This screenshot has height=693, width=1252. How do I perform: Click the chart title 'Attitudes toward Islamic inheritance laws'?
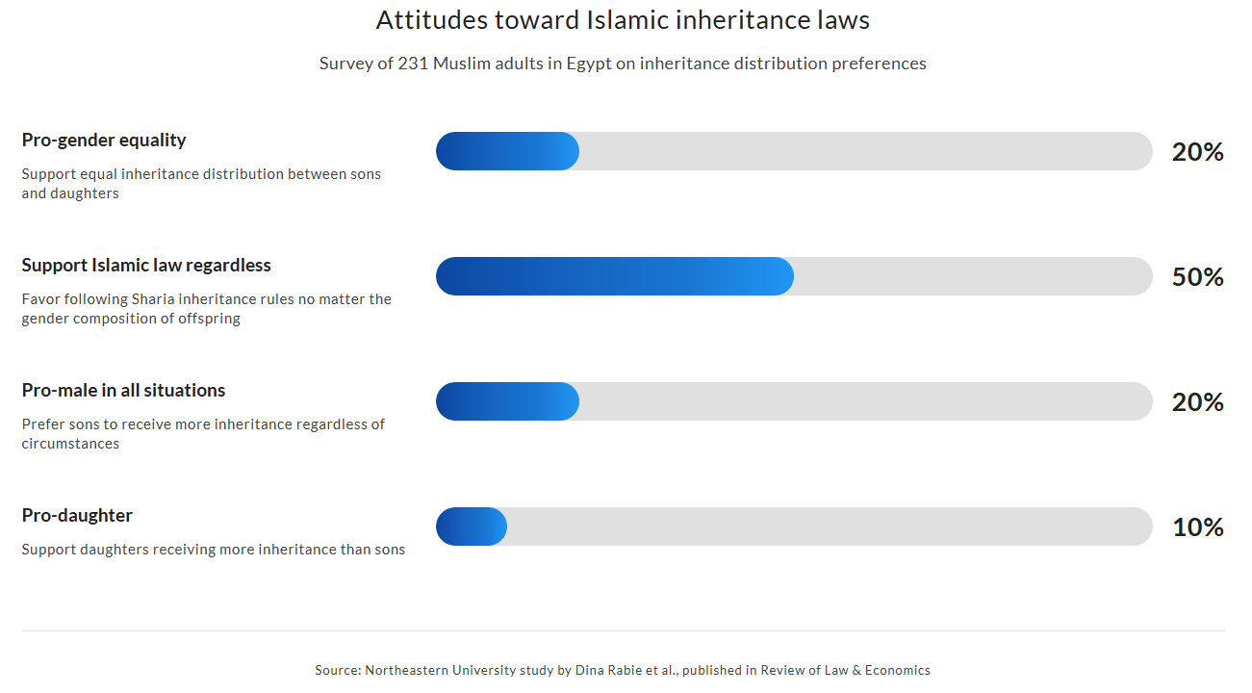pos(623,20)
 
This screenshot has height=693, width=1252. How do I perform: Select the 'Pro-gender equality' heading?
pos(104,140)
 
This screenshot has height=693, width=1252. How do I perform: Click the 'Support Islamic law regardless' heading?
pos(146,265)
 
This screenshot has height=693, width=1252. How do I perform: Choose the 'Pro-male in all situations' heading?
pos(123,390)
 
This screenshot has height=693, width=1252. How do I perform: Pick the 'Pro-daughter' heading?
pos(77,515)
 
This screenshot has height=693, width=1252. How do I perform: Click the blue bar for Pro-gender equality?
pos(507,151)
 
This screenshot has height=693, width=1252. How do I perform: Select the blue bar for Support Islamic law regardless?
pos(614,276)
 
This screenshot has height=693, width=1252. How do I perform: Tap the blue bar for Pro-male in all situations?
pos(507,401)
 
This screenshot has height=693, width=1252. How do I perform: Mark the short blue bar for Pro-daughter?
pos(472,526)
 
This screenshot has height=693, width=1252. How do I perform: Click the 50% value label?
pos(1197,277)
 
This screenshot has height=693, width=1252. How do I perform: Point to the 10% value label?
pos(1197,527)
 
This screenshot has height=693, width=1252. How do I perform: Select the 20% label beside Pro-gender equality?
pos(1197,152)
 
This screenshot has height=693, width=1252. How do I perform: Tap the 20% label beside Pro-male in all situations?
pos(1197,402)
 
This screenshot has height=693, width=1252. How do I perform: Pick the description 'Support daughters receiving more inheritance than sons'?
pos(213,550)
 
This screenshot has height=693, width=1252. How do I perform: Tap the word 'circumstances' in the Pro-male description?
pos(70,444)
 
